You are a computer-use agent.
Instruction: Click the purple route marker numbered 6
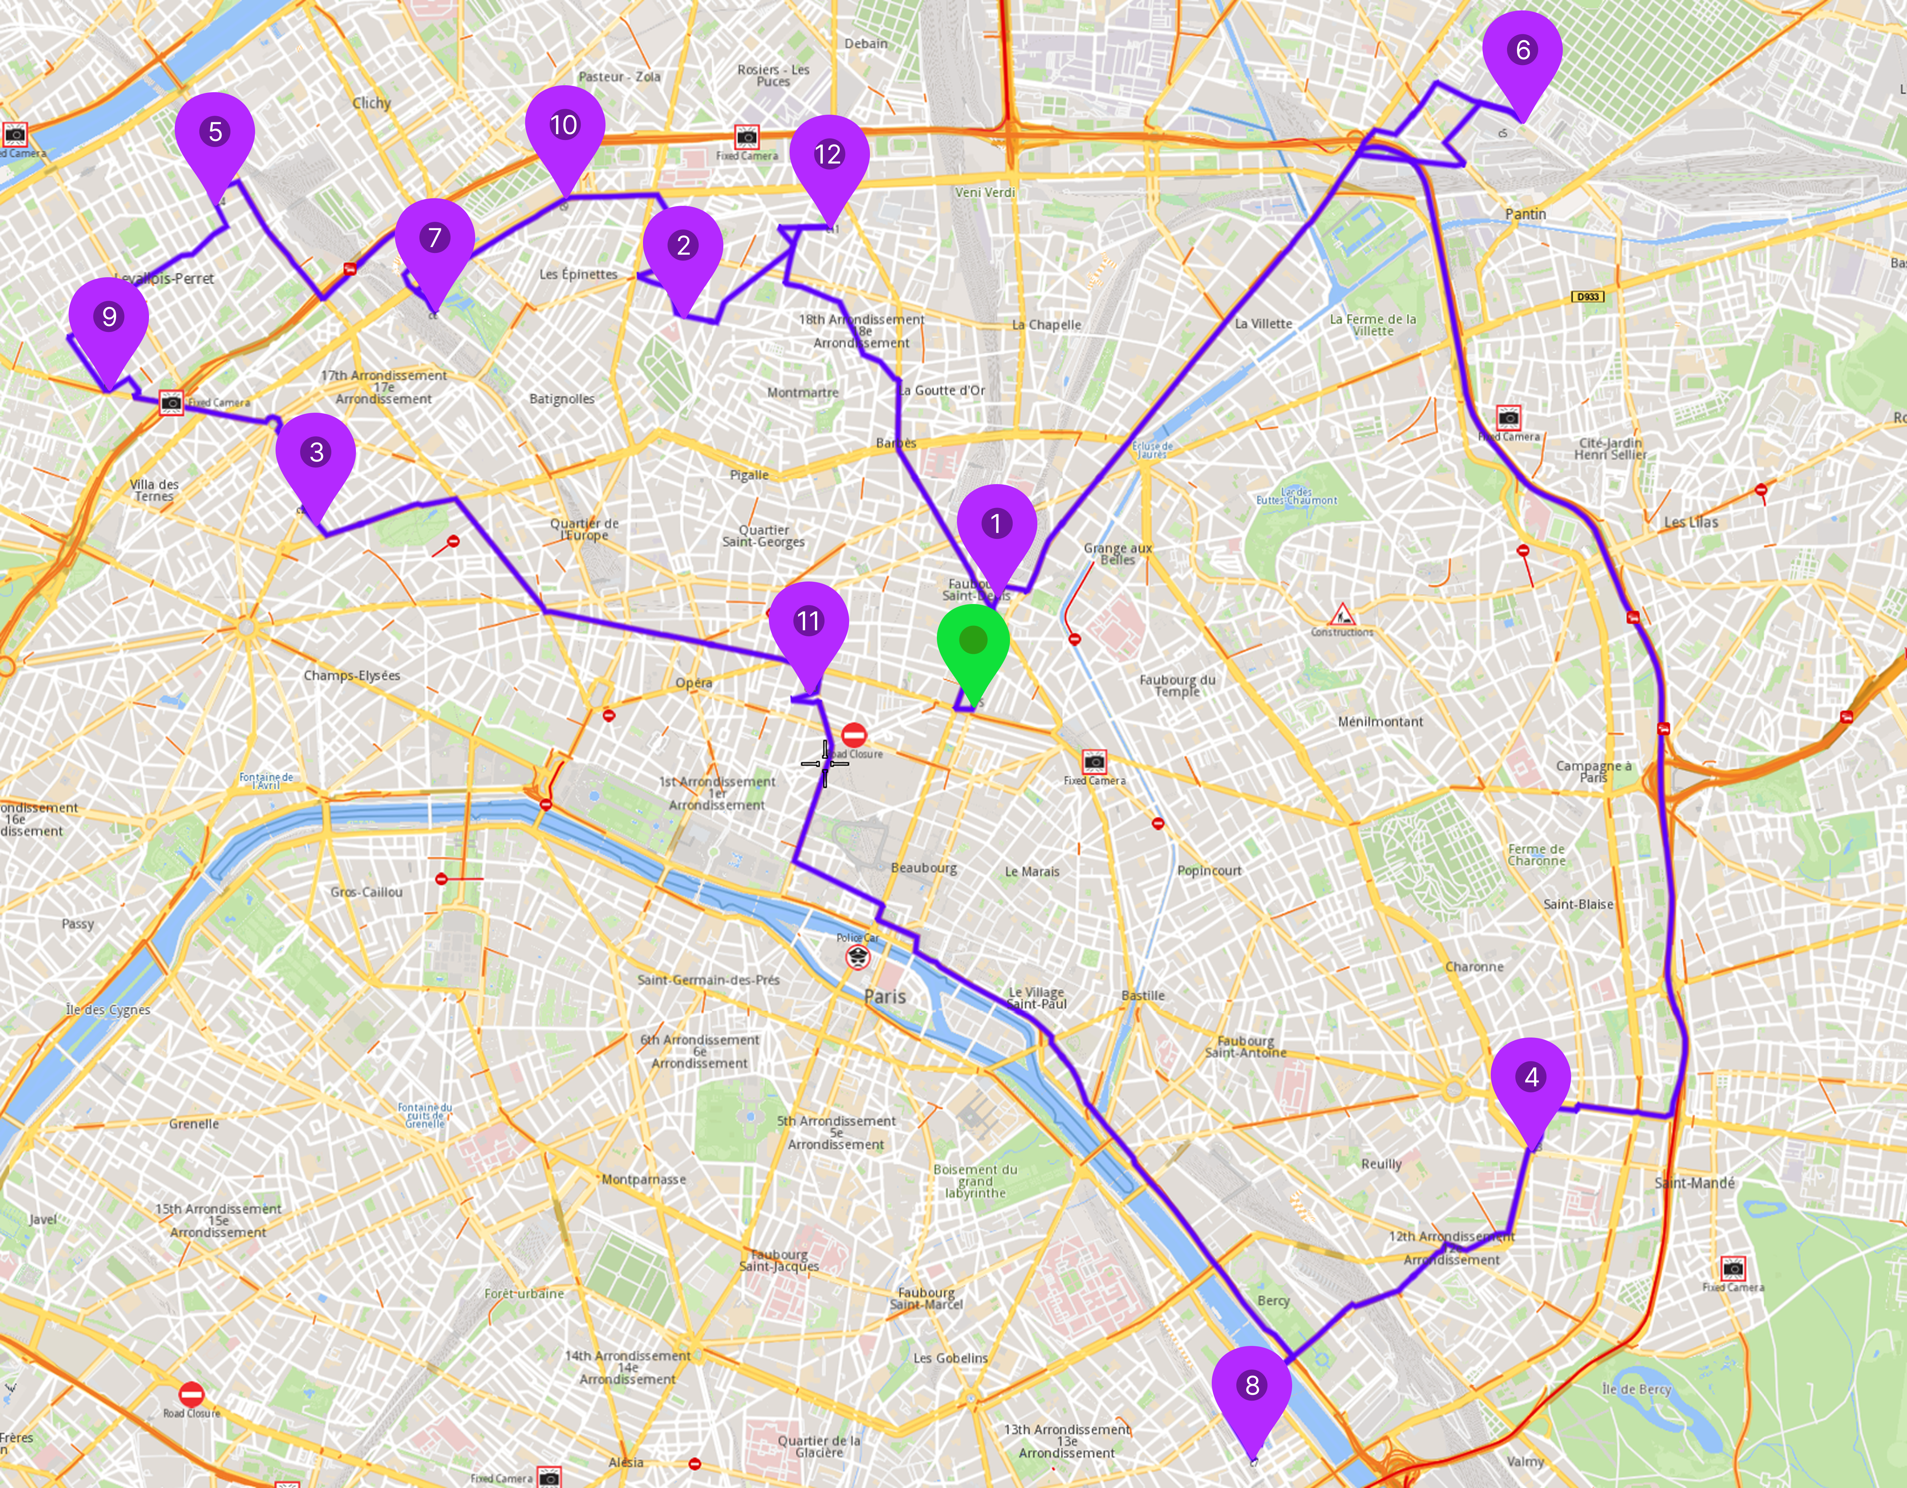click(1523, 51)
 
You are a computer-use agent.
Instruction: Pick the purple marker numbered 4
click(1531, 1078)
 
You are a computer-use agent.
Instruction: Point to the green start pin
click(973, 641)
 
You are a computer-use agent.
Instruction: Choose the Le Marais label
click(1032, 872)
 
